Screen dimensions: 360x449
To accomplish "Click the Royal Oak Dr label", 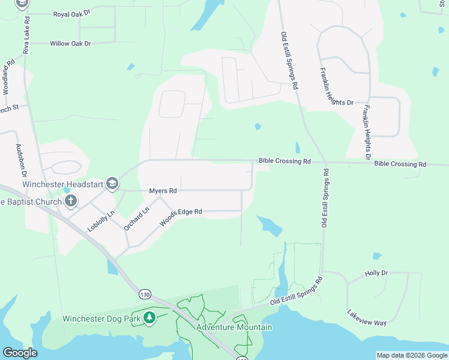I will pyautogui.click(x=72, y=14).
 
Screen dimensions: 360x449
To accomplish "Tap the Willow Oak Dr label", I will pyautogui.click(x=71, y=44).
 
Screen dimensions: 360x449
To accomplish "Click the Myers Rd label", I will pyautogui.click(x=163, y=191).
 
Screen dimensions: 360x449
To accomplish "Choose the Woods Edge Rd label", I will pyautogui.click(x=181, y=217).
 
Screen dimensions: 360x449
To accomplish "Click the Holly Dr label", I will pyautogui.click(x=376, y=273).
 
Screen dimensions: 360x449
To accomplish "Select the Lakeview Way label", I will pyautogui.click(x=367, y=317).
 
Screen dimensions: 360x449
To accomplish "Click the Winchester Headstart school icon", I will pyautogui.click(x=112, y=183).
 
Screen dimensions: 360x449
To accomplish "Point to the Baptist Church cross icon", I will pyautogui.click(x=71, y=201).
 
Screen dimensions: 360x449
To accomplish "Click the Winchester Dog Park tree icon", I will pyautogui.click(x=149, y=318).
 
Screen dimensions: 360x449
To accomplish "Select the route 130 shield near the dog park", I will pyautogui.click(x=144, y=294).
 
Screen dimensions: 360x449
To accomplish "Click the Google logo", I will pyautogui.click(x=20, y=352).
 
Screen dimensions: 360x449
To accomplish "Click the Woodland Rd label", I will pyautogui.click(x=8, y=76).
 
